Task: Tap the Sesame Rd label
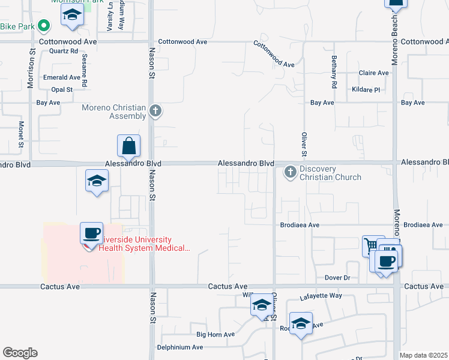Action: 85,70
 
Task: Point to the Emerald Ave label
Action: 61,77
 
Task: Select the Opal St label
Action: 62,89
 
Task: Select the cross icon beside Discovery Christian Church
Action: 291,173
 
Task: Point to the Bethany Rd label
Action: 334,71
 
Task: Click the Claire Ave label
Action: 374,73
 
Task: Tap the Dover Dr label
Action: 337,278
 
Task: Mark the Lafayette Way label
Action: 321,296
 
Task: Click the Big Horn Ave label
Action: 214,334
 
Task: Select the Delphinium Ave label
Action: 180,347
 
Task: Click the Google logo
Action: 20,353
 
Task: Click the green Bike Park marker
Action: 43,26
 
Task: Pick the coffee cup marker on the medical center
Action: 91,233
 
